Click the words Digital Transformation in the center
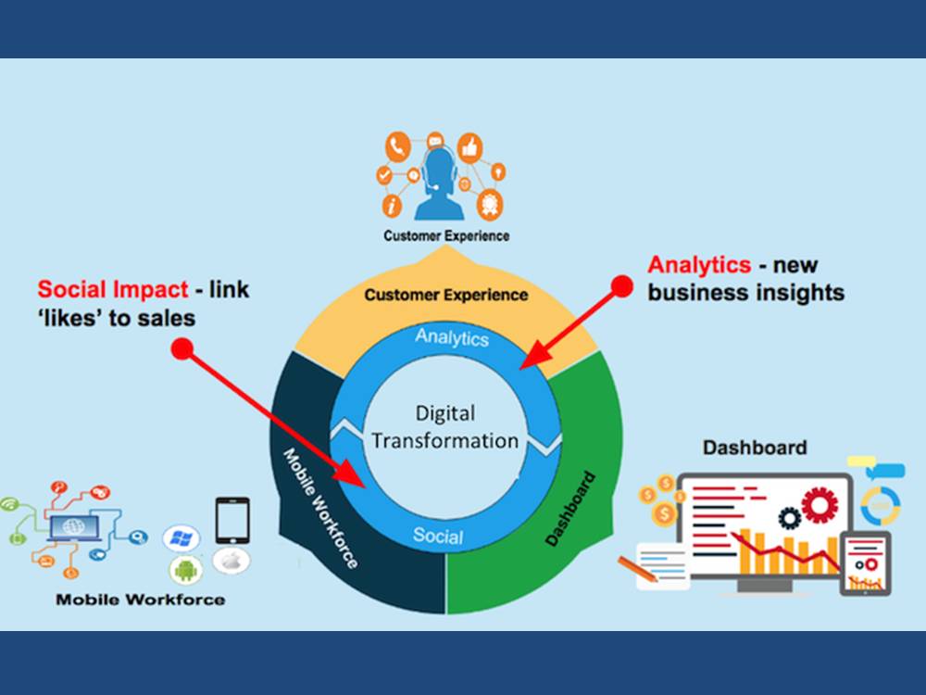click(x=444, y=427)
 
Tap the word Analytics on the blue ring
click(x=452, y=337)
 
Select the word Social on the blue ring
click(x=438, y=536)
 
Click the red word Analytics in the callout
click(x=699, y=265)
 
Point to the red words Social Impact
click(x=113, y=289)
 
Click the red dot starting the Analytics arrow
click(x=622, y=286)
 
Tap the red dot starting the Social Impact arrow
click(x=182, y=348)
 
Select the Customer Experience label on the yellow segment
click(x=446, y=295)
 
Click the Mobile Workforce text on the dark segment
click(x=320, y=508)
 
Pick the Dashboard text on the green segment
click(x=569, y=508)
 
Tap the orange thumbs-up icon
click(x=470, y=147)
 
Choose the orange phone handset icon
click(x=398, y=146)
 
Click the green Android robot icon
click(x=186, y=570)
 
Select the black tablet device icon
click(x=232, y=521)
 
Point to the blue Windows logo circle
click(x=181, y=537)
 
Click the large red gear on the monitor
click(x=820, y=505)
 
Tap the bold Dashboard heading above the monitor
click(x=755, y=448)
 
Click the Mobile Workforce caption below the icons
click(x=141, y=600)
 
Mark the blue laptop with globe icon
click(x=74, y=527)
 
